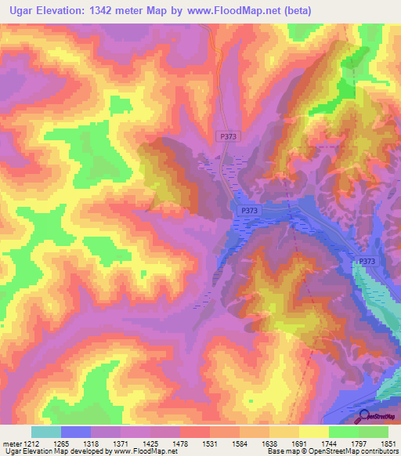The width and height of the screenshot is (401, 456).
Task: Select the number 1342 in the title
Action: pos(105,11)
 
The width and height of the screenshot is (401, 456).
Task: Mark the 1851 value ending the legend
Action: pos(389,443)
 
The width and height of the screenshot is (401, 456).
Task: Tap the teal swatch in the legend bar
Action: pos(45,432)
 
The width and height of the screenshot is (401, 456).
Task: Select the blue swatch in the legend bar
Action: pos(75,432)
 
